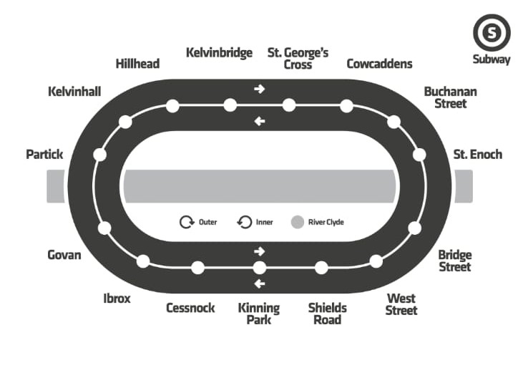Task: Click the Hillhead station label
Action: tap(137, 64)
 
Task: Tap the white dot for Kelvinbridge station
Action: tap(230, 105)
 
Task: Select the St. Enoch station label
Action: tap(478, 154)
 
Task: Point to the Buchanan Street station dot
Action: tap(393, 122)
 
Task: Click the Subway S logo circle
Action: tap(492, 33)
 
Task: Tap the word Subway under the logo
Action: tap(492, 60)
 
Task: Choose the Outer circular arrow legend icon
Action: tap(186, 222)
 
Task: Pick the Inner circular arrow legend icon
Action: tap(244, 222)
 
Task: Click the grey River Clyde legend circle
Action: tap(298, 222)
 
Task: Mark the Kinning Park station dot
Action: tap(260, 268)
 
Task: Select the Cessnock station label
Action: tap(190, 308)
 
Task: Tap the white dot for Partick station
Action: tap(100, 155)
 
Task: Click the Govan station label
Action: tap(64, 255)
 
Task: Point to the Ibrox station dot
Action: tap(143, 261)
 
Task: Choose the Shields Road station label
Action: tap(328, 314)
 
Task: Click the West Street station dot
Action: tap(376, 261)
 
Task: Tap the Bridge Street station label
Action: tap(455, 261)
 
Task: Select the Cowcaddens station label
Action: tap(379, 64)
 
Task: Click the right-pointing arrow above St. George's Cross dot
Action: tap(260, 89)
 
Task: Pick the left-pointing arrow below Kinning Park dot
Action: tap(260, 284)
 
